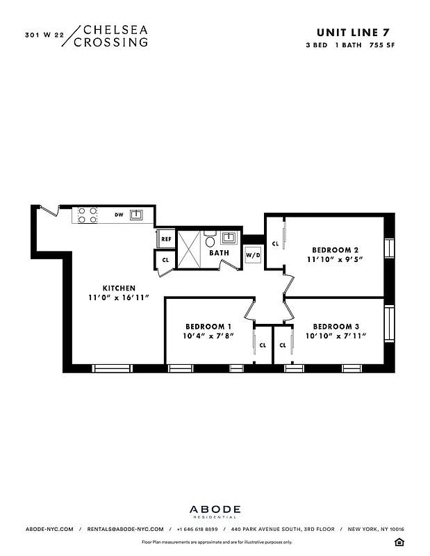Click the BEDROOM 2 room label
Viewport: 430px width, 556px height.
pyautogui.click(x=335, y=250)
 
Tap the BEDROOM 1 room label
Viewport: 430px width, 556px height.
pyautogui.click(x=208, y=326)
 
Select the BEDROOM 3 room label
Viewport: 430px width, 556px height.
pyautogui.click(x=336, y=326)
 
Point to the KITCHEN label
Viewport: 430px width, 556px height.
pyautogui.click(x=119, y=288)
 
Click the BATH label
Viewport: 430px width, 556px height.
pyautogui.click(x=220, y=253)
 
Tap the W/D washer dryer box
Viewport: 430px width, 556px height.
pyautogui.click(x=253, y=255)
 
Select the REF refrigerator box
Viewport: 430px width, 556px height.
pyautogui.click(x=166, y=239)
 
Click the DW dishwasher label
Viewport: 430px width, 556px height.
pyautogui.click(x=119, y=215)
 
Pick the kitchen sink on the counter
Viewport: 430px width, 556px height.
pyautogui.click(x=137, y=215)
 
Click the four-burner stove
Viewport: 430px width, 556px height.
pyautogui.click(x=88, y=215)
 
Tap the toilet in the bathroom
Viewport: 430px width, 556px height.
pyautogui.click(x=210, y=242)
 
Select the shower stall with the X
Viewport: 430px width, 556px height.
pyautogui.click(x=188, y=248)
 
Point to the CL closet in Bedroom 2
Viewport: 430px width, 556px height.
pyautogui.click(x=275, y=244)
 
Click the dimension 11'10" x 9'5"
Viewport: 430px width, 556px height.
pyautogui.click(x=335, y=259)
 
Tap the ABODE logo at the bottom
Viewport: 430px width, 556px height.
pyautogui.click(x=215, y=509)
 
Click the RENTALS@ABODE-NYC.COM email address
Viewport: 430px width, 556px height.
pyautogui.click(x=125, y=529)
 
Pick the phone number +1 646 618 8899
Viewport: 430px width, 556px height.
pyautogui.click(x=197, y=529)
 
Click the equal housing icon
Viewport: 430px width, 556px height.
pyautogui.click(x=399, y=541)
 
